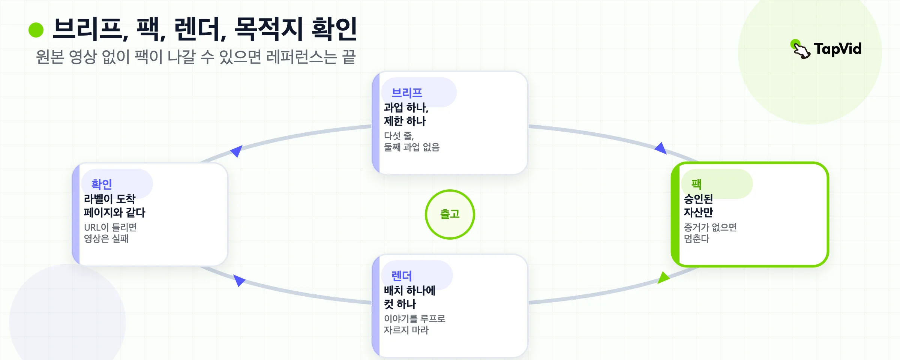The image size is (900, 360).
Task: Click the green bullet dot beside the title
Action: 36,30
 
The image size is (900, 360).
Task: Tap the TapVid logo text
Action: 837,49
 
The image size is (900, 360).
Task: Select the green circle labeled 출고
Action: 450,214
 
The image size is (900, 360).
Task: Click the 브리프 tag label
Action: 407,93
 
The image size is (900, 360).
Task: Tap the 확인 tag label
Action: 102,184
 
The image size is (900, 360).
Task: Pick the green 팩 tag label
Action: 696,184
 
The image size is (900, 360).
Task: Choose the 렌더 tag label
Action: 402,276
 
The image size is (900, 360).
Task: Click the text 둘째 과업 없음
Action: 411,147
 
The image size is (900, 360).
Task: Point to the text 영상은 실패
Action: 106,238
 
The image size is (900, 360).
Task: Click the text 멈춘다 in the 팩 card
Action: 696,238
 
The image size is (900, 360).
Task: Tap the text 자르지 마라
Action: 406,330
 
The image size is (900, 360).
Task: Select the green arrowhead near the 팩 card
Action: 663,278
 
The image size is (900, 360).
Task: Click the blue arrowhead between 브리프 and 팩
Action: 661,148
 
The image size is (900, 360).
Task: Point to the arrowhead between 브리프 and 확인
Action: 237,151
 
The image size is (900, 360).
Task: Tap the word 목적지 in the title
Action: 269,29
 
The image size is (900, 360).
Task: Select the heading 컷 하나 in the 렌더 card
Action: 400,304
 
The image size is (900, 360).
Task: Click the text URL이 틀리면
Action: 110,227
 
